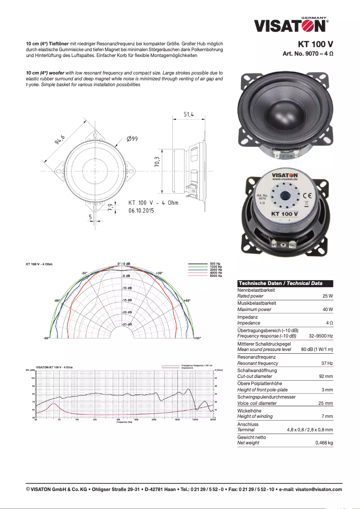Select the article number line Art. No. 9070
click(307, 53)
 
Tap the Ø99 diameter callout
click(132, 139)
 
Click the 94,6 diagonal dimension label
click(60, 140)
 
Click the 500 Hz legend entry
click(215, 264)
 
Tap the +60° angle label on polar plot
click(186, 300)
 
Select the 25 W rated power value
click(327, 296)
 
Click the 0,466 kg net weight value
click(324, 443)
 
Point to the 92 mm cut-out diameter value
click(325, 377)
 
